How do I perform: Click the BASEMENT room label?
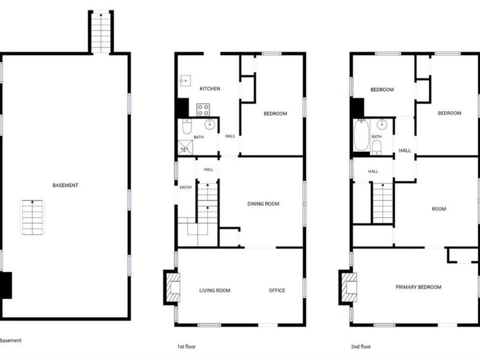pyautogui.click(x=65, y=185)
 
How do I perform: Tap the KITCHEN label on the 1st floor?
pyautogui.click(x=209, y=89)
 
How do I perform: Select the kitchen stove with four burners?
pyautogui.click(x=203, y=110)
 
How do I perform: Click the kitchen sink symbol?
pyautogui.click(x=185, y=81)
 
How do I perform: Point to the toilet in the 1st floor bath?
pyautogui.click(x=187, y=127)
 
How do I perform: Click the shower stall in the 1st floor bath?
pyautogui.click(x=185, y=148)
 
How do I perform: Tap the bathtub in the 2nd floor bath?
pyautogui.click(x=362, y=134)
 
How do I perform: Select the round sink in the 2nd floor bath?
pyautogui.click(x=382, y=124)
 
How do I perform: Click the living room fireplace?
pyautogui.click(x=172, y=287)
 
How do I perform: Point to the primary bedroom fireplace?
pyautogui.click(x=347, y=287)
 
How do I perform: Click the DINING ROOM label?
pyautogui.click(x=263, y=204)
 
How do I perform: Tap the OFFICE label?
pyautogui.click(x=277, y=290)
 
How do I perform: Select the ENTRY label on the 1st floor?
pyautogui.click(x=186, y=187)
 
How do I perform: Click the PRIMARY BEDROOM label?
pyautogui.click(x=418, y=287)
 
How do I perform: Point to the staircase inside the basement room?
pyautogui.click(x=32, y=217)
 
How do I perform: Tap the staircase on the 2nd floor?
pyautogui.click(x=383, y=203)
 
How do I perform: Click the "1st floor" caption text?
pyautogui.click(x=187, y=347)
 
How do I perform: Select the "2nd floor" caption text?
pyautogui.click(x=361, y=347)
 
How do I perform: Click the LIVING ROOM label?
pyautogui.click(x=215, y=290)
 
